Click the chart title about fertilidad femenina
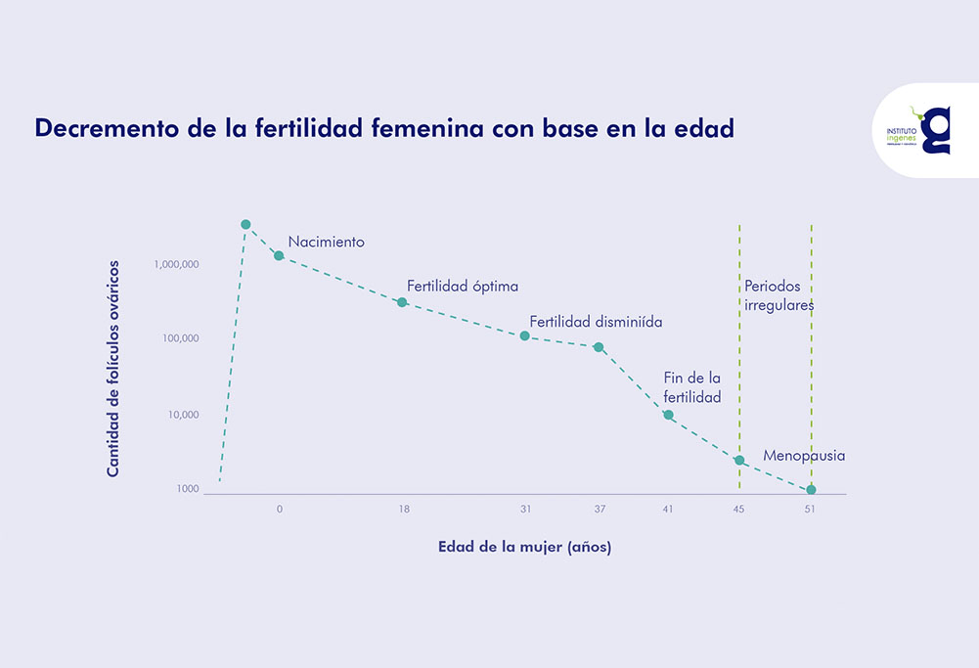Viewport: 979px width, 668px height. click(383, 129)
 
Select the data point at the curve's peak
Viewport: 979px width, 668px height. click(245, 225)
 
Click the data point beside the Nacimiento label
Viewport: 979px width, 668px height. click(279, 255)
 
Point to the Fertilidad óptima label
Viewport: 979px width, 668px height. click(463, 287)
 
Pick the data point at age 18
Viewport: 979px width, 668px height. click(402, 302)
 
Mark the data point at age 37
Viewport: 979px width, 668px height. click(599, 347)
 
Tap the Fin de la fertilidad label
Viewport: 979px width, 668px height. click(692, 387)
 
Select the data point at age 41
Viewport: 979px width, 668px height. click(668, 415)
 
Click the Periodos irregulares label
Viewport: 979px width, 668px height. click(779, 295)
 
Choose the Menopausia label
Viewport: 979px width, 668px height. click(804, 456)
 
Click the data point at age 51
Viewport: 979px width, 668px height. click(811, 489)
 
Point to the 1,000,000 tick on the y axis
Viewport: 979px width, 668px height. click(177, 265)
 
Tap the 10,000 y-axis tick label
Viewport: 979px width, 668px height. click(183, 415)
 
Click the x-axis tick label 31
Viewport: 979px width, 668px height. click(525, 510)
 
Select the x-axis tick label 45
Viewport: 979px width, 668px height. click(739, 510)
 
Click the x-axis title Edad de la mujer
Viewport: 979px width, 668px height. click(524, 548)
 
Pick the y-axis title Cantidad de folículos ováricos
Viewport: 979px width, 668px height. click(112, 369)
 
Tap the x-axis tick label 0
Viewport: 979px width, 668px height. click(280, 510)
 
